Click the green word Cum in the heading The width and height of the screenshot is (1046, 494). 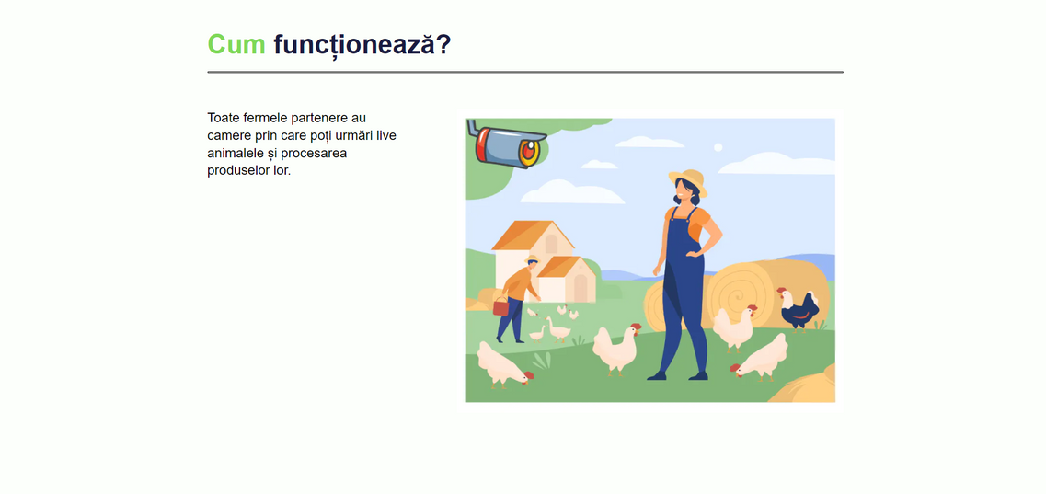236,45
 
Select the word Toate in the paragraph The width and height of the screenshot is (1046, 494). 224,118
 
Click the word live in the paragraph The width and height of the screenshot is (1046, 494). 386,135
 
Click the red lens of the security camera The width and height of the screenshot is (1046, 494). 527,153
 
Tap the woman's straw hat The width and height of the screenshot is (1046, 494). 688,180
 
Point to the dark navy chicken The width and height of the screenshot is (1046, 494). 798,308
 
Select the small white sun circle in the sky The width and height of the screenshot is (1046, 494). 718,147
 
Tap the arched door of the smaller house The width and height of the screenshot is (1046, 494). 580,288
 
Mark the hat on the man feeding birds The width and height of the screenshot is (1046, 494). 532,258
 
